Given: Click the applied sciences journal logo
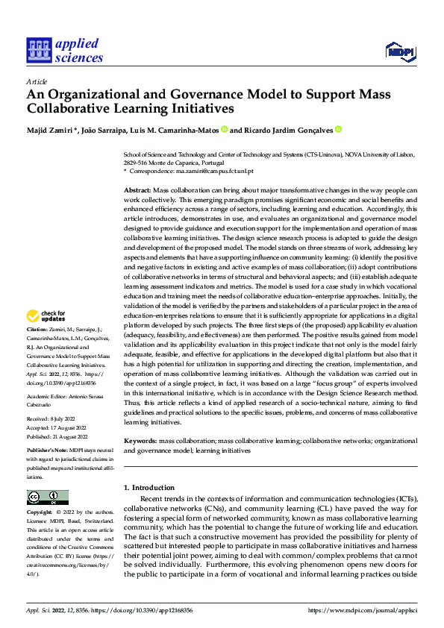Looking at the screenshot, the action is [x=64, y=50].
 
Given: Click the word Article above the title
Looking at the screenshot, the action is [x=37, y=81].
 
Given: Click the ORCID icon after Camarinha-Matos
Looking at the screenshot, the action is [x=224, y=130].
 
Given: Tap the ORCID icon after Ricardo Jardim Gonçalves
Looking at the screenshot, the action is [x=338, y=130].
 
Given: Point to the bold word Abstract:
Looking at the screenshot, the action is [x=137, y=192].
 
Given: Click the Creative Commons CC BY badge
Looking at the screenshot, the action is [x=47, y=497].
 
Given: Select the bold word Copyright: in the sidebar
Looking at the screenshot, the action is [x=40, y=513].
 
